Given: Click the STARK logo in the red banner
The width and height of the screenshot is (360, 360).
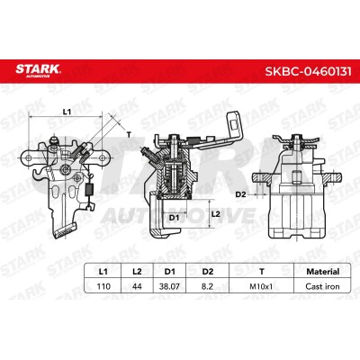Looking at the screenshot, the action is [x=38, y=70].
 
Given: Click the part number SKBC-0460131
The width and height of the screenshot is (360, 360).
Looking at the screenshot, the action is [x=308, y=72].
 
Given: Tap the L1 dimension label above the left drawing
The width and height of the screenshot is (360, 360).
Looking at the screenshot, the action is [x=67, y=112].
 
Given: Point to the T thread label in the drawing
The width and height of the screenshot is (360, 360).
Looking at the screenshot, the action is [x=129, y=134].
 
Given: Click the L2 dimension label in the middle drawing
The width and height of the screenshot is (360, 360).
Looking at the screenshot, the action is [x=216, y=214].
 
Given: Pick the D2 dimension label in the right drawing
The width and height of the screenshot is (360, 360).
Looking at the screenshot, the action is [x=240, y=194].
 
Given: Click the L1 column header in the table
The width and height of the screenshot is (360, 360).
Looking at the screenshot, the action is [x=103, y=272].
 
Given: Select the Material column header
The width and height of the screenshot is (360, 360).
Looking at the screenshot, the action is [x=322, y=272].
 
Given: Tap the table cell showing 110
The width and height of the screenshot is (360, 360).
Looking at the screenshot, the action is [x=103, y=286].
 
